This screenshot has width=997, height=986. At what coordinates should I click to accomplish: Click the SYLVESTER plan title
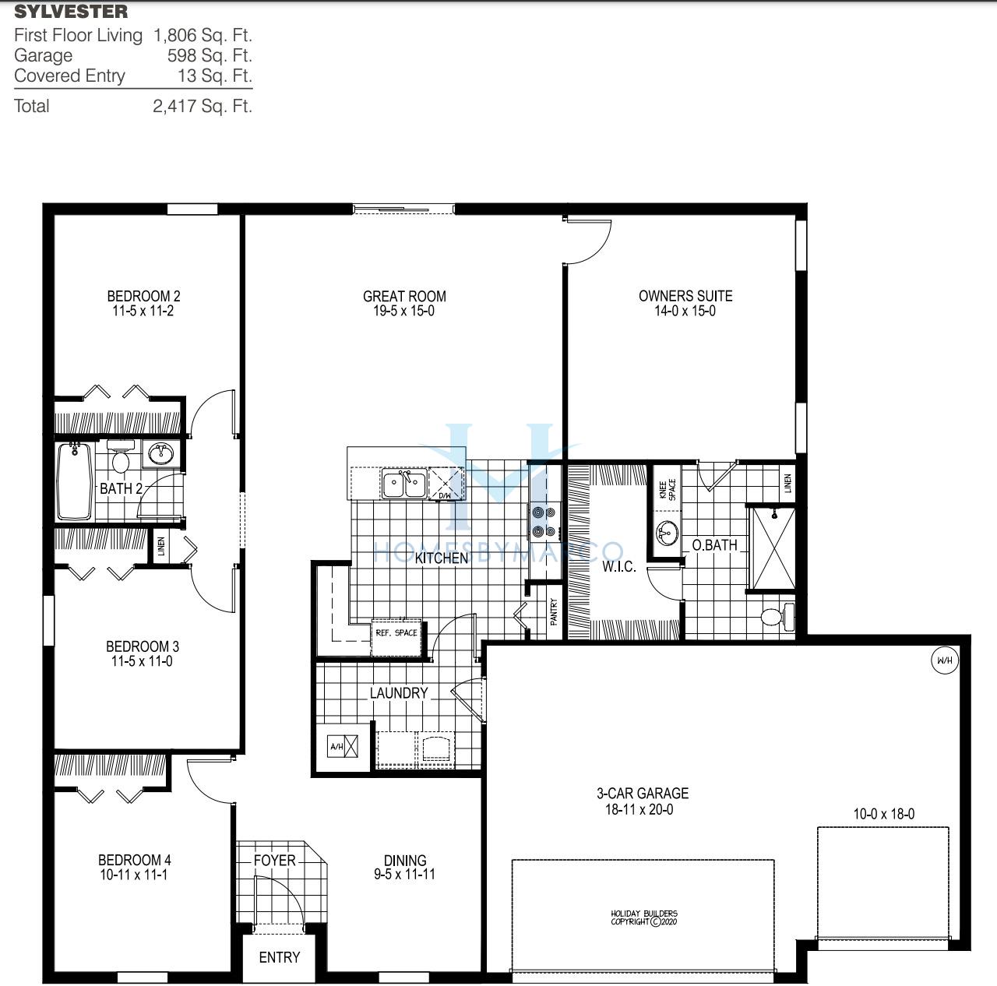tap(71, 12)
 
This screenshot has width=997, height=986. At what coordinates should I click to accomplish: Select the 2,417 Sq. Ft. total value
tap(203, 106)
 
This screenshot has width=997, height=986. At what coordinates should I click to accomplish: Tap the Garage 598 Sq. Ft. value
tap(210, 55)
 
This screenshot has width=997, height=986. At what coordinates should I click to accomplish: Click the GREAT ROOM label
tap(404, 296)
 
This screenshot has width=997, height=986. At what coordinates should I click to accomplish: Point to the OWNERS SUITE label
tap(685, 296)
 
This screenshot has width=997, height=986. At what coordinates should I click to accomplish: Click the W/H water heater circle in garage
tap(944, 661)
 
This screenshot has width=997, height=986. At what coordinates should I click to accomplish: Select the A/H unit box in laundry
tap(343, 746)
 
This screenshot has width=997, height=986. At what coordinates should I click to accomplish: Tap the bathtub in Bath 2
tap(74, 481)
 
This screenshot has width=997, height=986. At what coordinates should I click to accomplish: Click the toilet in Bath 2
tap(120, 459)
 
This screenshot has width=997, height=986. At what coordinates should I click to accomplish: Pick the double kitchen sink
tap(403, 484)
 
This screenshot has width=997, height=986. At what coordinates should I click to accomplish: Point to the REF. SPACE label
tap(396, 632)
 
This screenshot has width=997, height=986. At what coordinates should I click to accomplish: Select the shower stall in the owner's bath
tap(772, 548)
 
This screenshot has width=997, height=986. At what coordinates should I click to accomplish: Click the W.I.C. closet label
tap(618, 566)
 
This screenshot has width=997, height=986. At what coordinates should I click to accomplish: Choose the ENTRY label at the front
tap(279, 957)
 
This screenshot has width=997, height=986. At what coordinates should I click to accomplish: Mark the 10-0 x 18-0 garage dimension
tap(884, 814)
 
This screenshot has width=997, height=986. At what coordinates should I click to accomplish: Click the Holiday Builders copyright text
tap(643, 917)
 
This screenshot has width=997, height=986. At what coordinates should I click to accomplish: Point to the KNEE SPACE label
tap(668, 489)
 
